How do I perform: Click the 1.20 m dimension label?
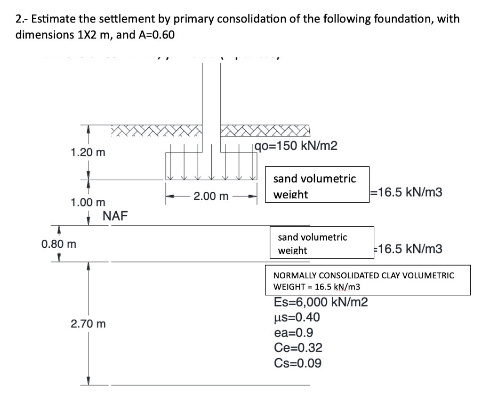coord(88,153)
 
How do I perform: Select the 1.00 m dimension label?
coord(88,203)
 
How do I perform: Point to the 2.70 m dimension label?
coord(88,323)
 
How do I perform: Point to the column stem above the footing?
coord(211,94)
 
